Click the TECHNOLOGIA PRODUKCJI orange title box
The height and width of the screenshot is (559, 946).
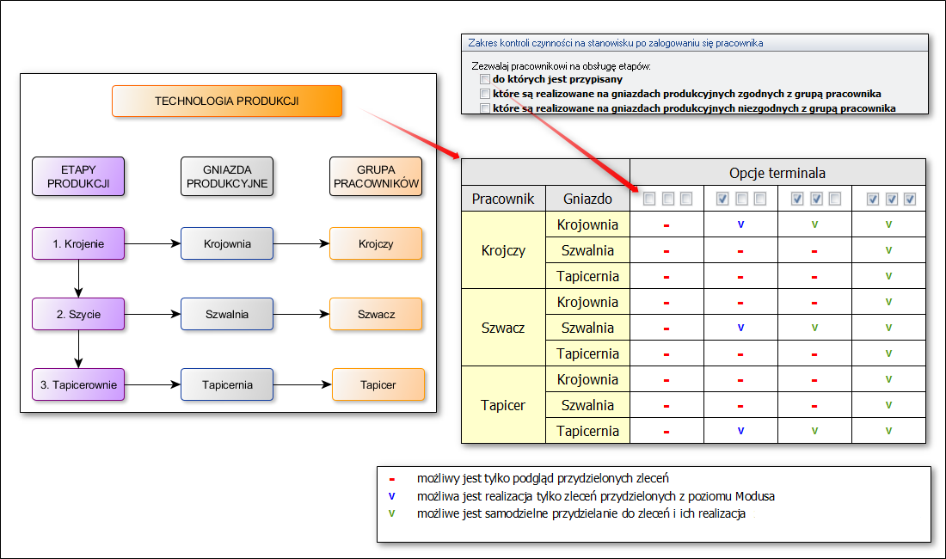click(x=227, y=101)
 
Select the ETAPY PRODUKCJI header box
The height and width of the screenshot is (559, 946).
click(x=78, y=175)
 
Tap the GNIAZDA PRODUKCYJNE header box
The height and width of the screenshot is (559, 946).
click(x=227, y=175)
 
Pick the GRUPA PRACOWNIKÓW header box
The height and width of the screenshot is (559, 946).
click(x=376, y=175)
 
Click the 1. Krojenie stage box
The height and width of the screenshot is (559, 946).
click(x=78, y=243)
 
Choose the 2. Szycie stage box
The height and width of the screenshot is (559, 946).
click(x=78, y=314)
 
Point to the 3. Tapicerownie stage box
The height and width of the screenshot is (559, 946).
click(x=78, y=384)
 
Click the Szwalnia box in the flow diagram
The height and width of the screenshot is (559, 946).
click(x=227, y=314)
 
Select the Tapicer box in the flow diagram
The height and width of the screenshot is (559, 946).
click(x=378, y=384)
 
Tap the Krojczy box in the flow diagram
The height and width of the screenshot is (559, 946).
click(x=376, y=243)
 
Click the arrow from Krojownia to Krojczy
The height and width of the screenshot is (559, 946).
click(x=301, y=243)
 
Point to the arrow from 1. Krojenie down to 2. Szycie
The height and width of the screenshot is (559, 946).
click(x=78, y=279)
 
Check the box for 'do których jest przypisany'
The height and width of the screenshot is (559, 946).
click(x=485, y=79)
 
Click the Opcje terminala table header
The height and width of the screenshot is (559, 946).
click(x=777, y=172)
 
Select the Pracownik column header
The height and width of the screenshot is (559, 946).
click(x=503, y=200)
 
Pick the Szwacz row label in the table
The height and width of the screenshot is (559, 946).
click(x=503, y=328)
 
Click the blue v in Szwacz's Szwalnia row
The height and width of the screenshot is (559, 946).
click(x=740, y=328)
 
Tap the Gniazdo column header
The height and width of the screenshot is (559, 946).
click(x=588, y=200)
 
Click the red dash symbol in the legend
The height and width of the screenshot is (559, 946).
click(x=391, y=478)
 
